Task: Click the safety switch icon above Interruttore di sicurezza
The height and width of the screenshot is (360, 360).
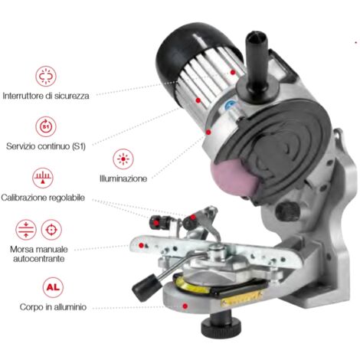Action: tap(46, 76)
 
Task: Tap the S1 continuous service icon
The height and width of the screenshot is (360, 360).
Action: tap(46, 126)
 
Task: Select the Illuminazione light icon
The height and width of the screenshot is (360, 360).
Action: tap(123, 159)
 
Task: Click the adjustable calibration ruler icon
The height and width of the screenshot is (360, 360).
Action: tap(43, 178)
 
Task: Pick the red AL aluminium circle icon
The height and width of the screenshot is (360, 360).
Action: tap(53, 287)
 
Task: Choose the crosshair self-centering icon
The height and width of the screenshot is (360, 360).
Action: tap(51, 230)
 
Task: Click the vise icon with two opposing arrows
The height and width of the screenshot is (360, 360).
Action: tap(26, 230)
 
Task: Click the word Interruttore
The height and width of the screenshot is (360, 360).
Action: tap(23, 96)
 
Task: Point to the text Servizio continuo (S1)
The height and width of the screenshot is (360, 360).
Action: tap(46, 146)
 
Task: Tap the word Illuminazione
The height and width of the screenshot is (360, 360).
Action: tap(123, 178)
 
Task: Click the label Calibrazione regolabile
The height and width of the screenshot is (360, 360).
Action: tap(43, 198)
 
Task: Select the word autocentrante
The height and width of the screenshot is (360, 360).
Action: tap(39, 259)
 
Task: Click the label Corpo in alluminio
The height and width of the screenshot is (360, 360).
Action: tap(53, 307)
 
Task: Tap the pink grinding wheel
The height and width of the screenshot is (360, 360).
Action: tap(233, 178)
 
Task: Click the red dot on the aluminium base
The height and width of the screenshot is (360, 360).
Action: tap(185, 306)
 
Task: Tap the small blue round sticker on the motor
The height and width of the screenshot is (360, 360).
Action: tap(230, 104)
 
